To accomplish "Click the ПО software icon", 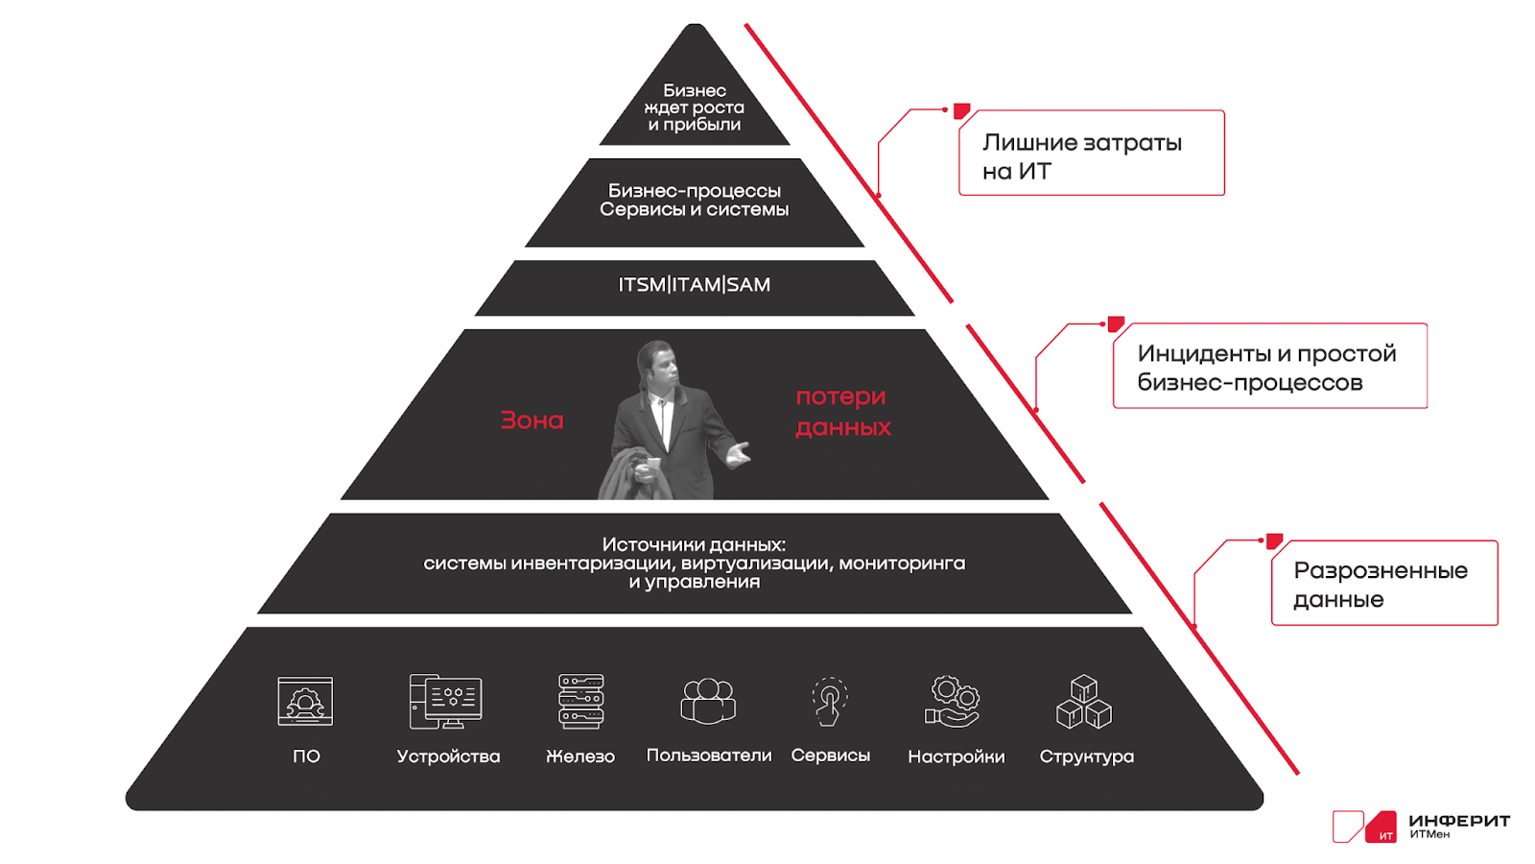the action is pos(305,701).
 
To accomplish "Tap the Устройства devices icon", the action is pos(445,701).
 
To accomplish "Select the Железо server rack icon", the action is pos(581,701).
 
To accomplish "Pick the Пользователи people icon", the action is pos(708,701).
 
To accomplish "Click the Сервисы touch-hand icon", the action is pos(830,701).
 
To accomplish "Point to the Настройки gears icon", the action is pos(954,701).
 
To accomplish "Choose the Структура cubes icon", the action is pos(1084,701).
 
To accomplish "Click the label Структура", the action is pos(1086,756).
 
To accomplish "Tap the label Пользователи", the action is pos(709,755).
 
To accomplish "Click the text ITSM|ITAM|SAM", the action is pos(695,284).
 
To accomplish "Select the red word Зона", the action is pos(531,420).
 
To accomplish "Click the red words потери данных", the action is pos(843,412).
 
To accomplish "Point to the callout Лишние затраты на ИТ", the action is pos(1092,153).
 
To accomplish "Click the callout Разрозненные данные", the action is pos(1385,583).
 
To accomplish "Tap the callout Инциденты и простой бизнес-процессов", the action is pos(1270,366).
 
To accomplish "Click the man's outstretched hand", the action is pos(738,453).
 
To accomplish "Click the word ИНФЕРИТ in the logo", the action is pos(1459,820).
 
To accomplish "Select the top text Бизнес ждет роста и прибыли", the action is pos(695,108).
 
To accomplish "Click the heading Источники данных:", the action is pos(695,544).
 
